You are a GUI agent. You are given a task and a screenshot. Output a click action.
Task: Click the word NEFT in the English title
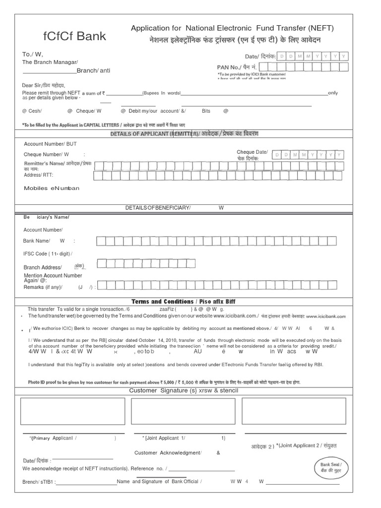[320, 28]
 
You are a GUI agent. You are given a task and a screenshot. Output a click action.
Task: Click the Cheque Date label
[252, 152]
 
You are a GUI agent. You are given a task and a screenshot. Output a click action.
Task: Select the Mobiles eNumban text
[52, 189]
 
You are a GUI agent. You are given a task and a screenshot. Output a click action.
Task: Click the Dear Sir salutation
[44, 85]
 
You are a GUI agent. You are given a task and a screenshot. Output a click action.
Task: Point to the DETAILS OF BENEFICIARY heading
[158, 208]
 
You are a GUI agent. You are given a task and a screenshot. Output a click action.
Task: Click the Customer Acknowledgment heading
[168, 452]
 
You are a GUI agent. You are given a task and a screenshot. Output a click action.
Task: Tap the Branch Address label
[43, 267]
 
